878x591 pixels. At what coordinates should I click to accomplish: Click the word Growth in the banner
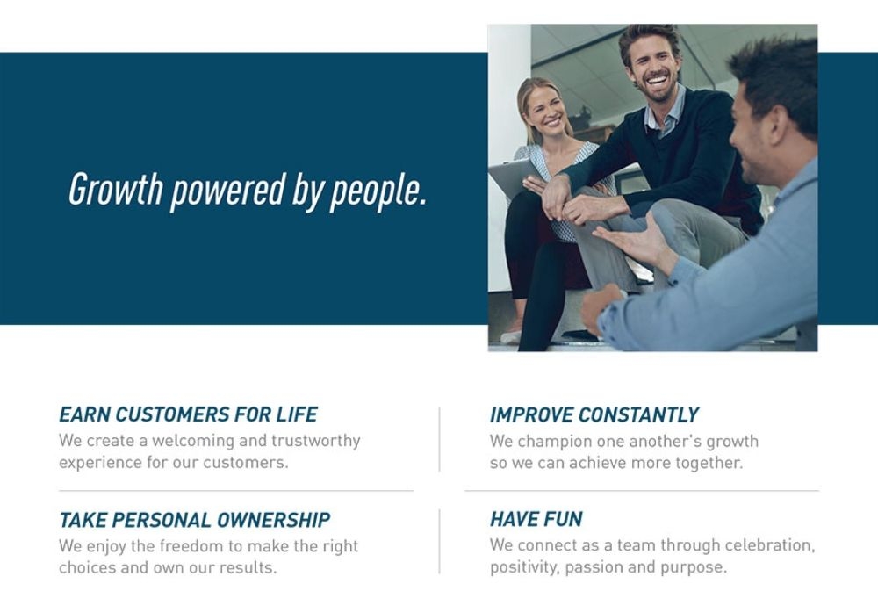tap(116, 189)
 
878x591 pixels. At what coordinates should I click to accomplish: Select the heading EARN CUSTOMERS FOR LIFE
tap(188, 414)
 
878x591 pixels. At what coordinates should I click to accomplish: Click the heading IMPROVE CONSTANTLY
tap(594, 414)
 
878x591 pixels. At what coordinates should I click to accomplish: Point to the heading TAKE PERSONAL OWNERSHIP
tap(195, 520)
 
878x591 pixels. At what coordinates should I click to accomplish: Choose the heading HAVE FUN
tap(536, 519)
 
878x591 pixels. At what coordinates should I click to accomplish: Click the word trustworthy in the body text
tap(316, 442)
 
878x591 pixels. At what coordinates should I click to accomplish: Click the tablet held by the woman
tap(512, 177)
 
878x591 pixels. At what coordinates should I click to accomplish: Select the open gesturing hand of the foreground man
tap(630, 240)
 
